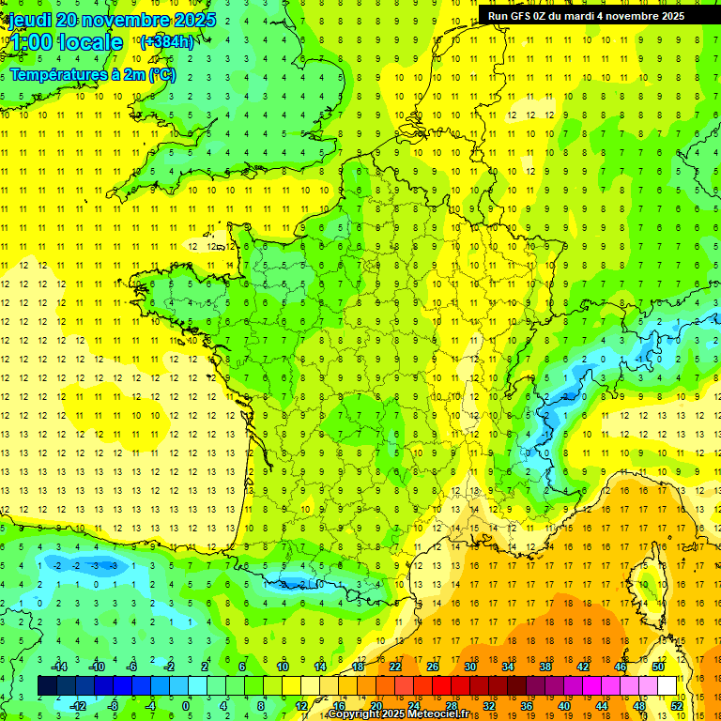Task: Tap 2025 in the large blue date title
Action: (192, 21)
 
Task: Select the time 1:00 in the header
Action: (30, 43)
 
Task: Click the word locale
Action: (91, 43)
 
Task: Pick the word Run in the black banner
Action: (498, 16)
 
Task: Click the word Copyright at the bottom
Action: (356, 714)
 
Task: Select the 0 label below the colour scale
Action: (186, 706)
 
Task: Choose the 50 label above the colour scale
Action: (657, 667)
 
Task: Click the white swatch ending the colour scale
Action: (667, 686)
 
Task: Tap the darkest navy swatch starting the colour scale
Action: (47, 686)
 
